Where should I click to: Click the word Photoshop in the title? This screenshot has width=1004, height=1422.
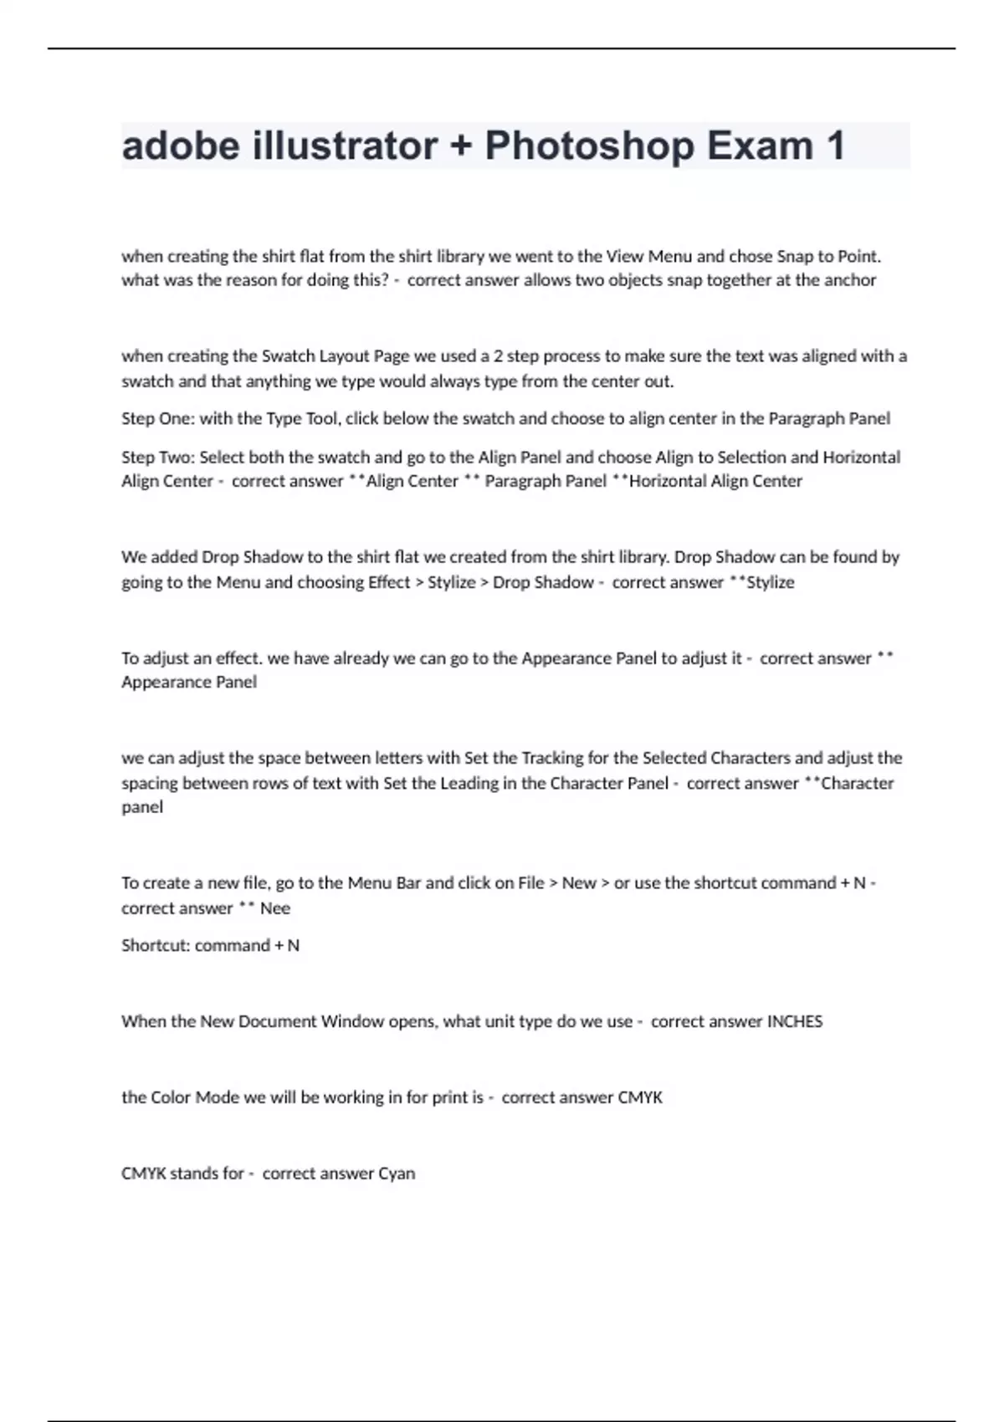coord(589,146)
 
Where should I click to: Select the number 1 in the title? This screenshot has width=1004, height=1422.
coord(835,146)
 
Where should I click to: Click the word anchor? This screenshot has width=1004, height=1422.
coord(850,280)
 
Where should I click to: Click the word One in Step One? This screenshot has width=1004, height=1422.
coord(178,418)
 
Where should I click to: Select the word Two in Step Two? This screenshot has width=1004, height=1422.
coord(179,458)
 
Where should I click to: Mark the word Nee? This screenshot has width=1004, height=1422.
coord(275,908)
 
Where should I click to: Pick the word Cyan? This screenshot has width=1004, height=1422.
coord(397,1174)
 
